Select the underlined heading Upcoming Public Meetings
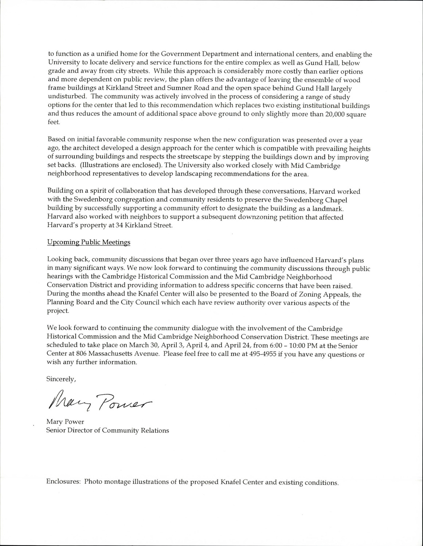(89, 242)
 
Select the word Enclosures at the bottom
(63, 482)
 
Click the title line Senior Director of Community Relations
(108, 431)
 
